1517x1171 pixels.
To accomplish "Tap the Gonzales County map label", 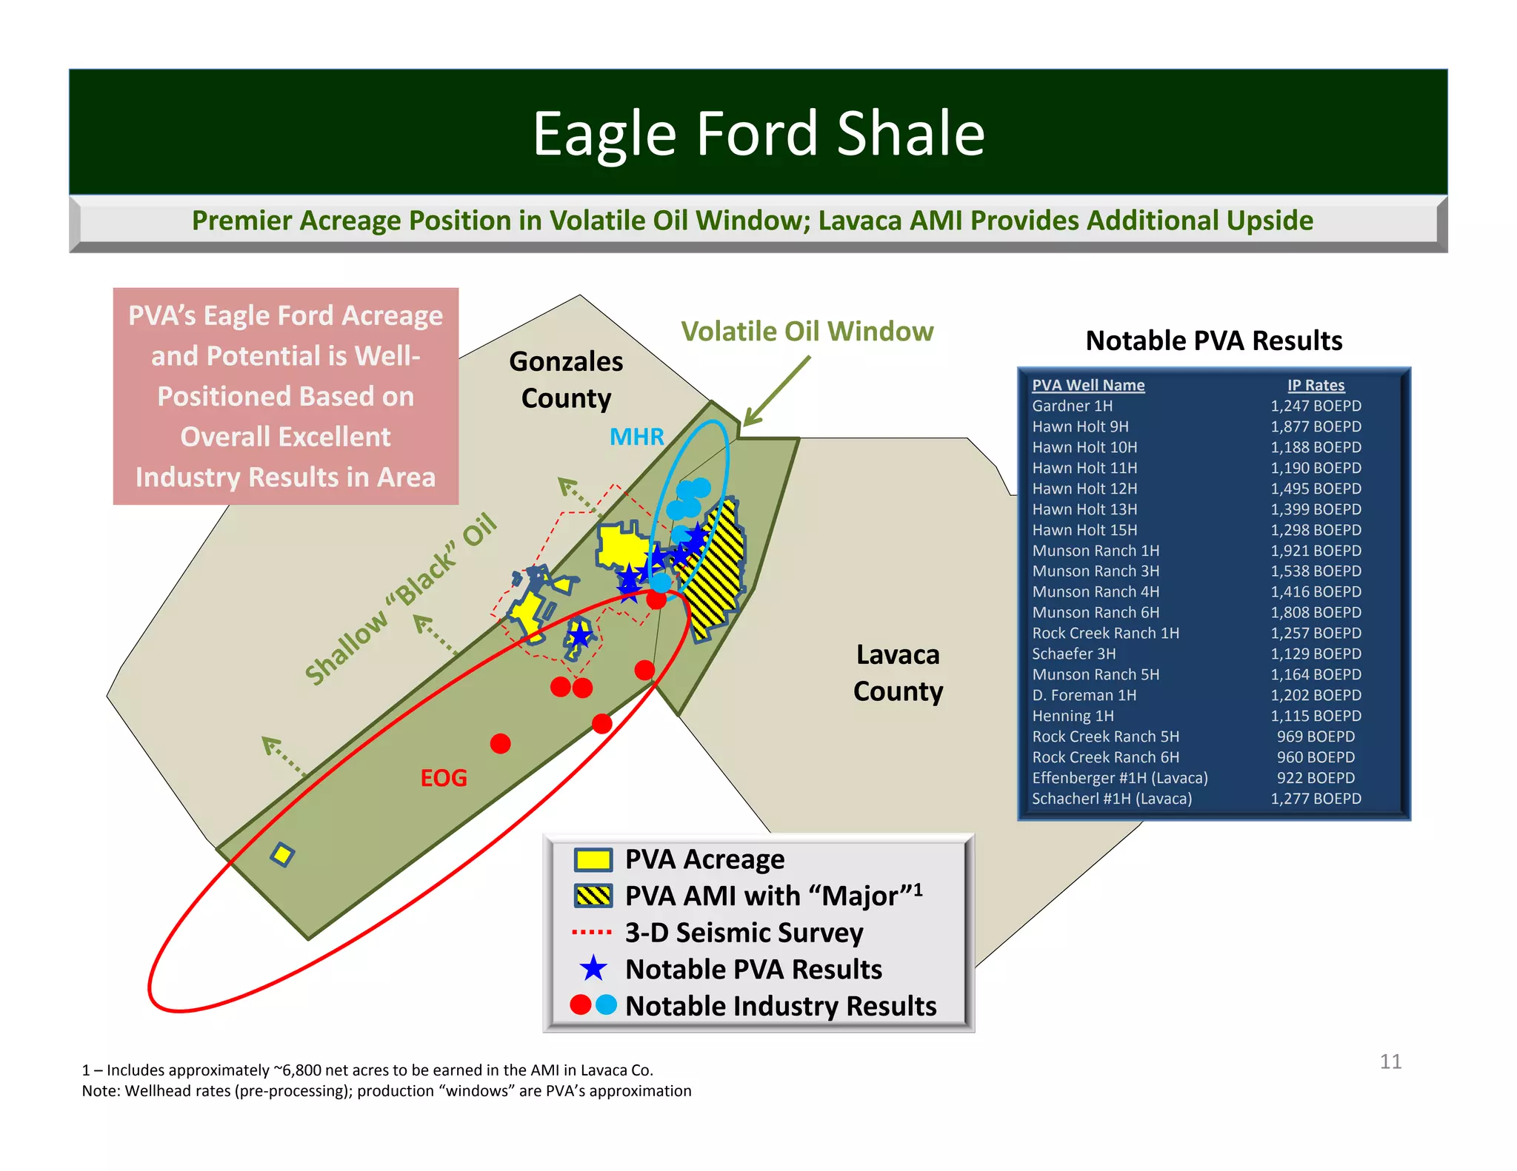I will point(566,380).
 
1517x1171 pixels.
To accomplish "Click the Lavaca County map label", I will point(898,673).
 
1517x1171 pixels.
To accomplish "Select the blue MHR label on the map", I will point(636,437).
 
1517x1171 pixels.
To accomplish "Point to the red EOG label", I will point(444,778).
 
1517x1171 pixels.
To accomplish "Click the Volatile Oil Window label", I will point(807,332).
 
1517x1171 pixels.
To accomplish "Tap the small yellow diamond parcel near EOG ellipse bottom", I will point(282,855).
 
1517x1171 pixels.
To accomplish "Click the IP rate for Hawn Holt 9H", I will point(1316,426).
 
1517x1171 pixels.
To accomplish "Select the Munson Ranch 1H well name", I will point(1096,551).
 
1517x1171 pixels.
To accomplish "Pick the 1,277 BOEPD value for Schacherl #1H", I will point(1316,799).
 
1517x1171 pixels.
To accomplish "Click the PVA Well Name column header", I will point(1088,385).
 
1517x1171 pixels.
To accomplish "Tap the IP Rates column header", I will point(1316,385).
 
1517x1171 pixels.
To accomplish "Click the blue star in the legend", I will point(593,969).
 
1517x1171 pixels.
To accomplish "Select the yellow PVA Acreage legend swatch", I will point(593,859).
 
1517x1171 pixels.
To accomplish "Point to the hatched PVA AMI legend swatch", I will point(593,896).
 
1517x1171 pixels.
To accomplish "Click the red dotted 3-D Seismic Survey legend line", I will point(592,933).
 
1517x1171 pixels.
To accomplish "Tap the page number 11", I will point(1390,1061).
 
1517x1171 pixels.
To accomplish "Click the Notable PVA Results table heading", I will point(1213,340).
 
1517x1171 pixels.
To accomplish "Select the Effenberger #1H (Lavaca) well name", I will point(1119,778).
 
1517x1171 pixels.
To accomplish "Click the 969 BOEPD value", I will point(1316,737).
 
